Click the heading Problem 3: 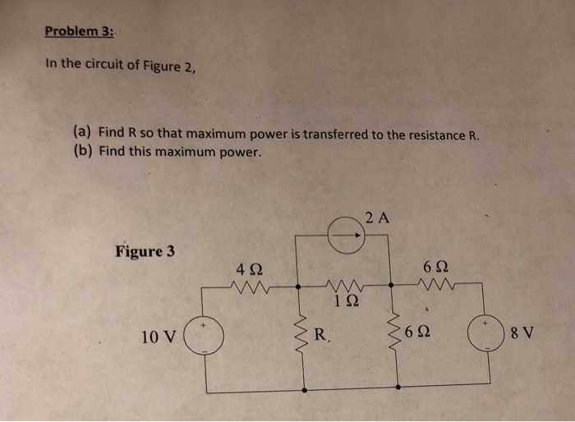tap(80, 32)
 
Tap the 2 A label tap(379, 218)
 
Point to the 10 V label tap(158, 337)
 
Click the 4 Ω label tap(249, 269)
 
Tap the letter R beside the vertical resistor tap(322, 335)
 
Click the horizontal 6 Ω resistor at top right tap(436, 287)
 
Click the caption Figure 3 tap(145, 250)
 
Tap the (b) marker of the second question tap(82, 152)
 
